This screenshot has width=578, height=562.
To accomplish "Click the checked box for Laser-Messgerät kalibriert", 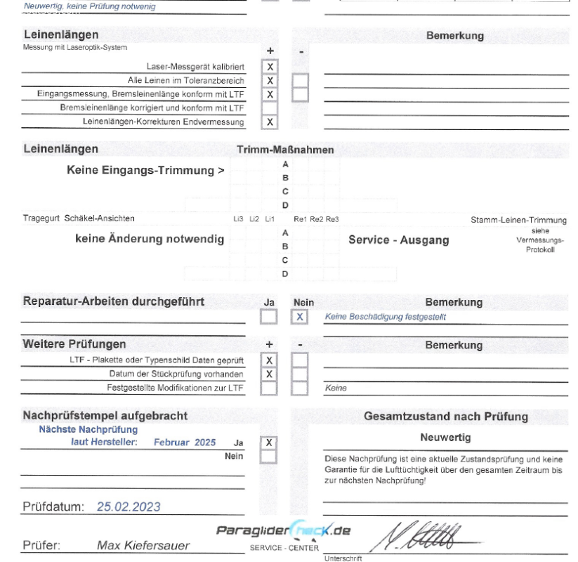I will (270, 67).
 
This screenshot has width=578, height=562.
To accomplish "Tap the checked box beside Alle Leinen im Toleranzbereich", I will (270, 81).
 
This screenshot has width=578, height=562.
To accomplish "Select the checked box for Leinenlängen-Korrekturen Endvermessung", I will (270, 122).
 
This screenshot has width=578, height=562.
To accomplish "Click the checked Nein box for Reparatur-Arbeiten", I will (300, 317).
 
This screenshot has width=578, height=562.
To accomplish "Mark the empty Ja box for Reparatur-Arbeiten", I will (269, 317).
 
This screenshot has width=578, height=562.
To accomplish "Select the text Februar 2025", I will (181, 442).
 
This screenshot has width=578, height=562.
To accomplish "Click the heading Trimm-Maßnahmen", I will (286, 150).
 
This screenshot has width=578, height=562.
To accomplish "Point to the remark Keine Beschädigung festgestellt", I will (386, 317).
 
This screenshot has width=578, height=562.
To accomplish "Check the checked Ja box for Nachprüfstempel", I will (269, 443).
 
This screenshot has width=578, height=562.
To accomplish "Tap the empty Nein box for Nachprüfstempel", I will (269, 457).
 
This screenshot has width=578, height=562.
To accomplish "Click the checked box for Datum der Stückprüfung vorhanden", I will (269, 373).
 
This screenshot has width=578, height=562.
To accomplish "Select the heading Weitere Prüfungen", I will (74, 345).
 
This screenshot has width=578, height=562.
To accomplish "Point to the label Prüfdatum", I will (53, 506).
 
